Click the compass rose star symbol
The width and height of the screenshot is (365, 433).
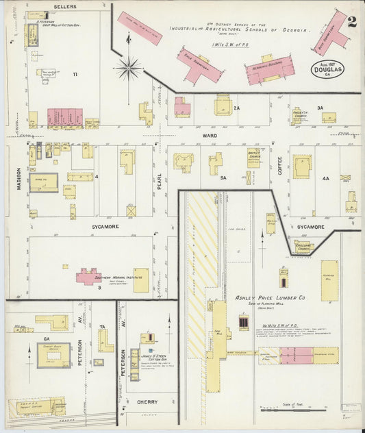(x=128, y=68)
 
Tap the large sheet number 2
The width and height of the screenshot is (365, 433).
(x=351, y=21)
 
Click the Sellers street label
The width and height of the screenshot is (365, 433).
(x=65, y=6)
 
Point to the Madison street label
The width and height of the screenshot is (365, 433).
(x=18, y=179)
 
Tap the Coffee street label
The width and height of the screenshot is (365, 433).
(x=279, y=165)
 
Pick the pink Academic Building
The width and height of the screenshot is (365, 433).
(x=270, y=70)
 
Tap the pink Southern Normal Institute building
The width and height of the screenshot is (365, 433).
(x=88, y=276)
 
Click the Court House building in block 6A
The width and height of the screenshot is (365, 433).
(x=53, y=354)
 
